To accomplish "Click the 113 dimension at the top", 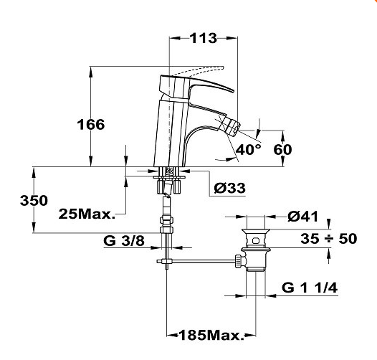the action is coord(204,38).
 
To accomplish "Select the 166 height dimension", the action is coord(91,124).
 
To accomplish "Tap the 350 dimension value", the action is coord(34,201).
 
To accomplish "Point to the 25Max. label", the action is coord(87,214).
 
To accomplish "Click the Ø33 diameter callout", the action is coord(230,188).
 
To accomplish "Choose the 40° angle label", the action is coord(249,149).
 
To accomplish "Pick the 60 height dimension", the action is coord(282,149).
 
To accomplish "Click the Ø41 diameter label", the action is coord(303,217).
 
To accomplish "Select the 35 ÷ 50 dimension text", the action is coord(329,239).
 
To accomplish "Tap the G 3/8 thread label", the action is coord(124,240).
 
